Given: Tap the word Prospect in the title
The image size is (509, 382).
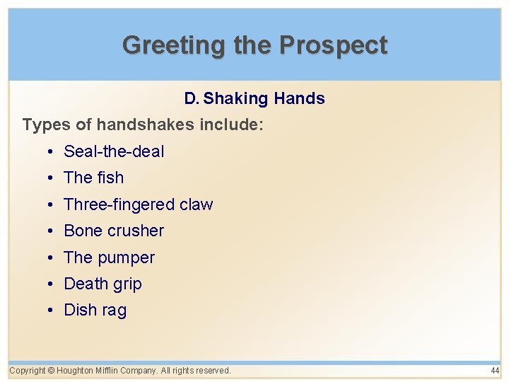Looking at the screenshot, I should point(333,45).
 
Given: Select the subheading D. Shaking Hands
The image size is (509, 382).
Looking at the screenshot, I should point(255,98).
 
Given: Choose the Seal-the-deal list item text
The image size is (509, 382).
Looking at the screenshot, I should point(114,151).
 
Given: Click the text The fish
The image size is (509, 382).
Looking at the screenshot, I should point(93,178).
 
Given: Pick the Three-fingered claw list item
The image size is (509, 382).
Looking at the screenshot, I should point(138,204).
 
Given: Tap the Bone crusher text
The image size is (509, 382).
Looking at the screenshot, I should point(114,231).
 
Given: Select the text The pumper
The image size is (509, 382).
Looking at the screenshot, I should point(109,257).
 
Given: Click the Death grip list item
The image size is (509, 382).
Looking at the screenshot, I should point(103,284).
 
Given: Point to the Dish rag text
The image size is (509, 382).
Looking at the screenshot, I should point(95,310).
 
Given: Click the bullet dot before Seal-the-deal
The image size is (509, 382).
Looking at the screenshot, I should point(52,152).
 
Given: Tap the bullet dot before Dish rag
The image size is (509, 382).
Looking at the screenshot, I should point(52,311).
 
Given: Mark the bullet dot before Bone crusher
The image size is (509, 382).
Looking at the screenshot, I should point(52,231).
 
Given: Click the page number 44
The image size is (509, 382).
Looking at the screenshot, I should point(494,371).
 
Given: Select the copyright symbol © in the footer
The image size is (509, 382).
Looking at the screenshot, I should point(52,371).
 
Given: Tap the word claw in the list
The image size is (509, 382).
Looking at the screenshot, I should point(196,204).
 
